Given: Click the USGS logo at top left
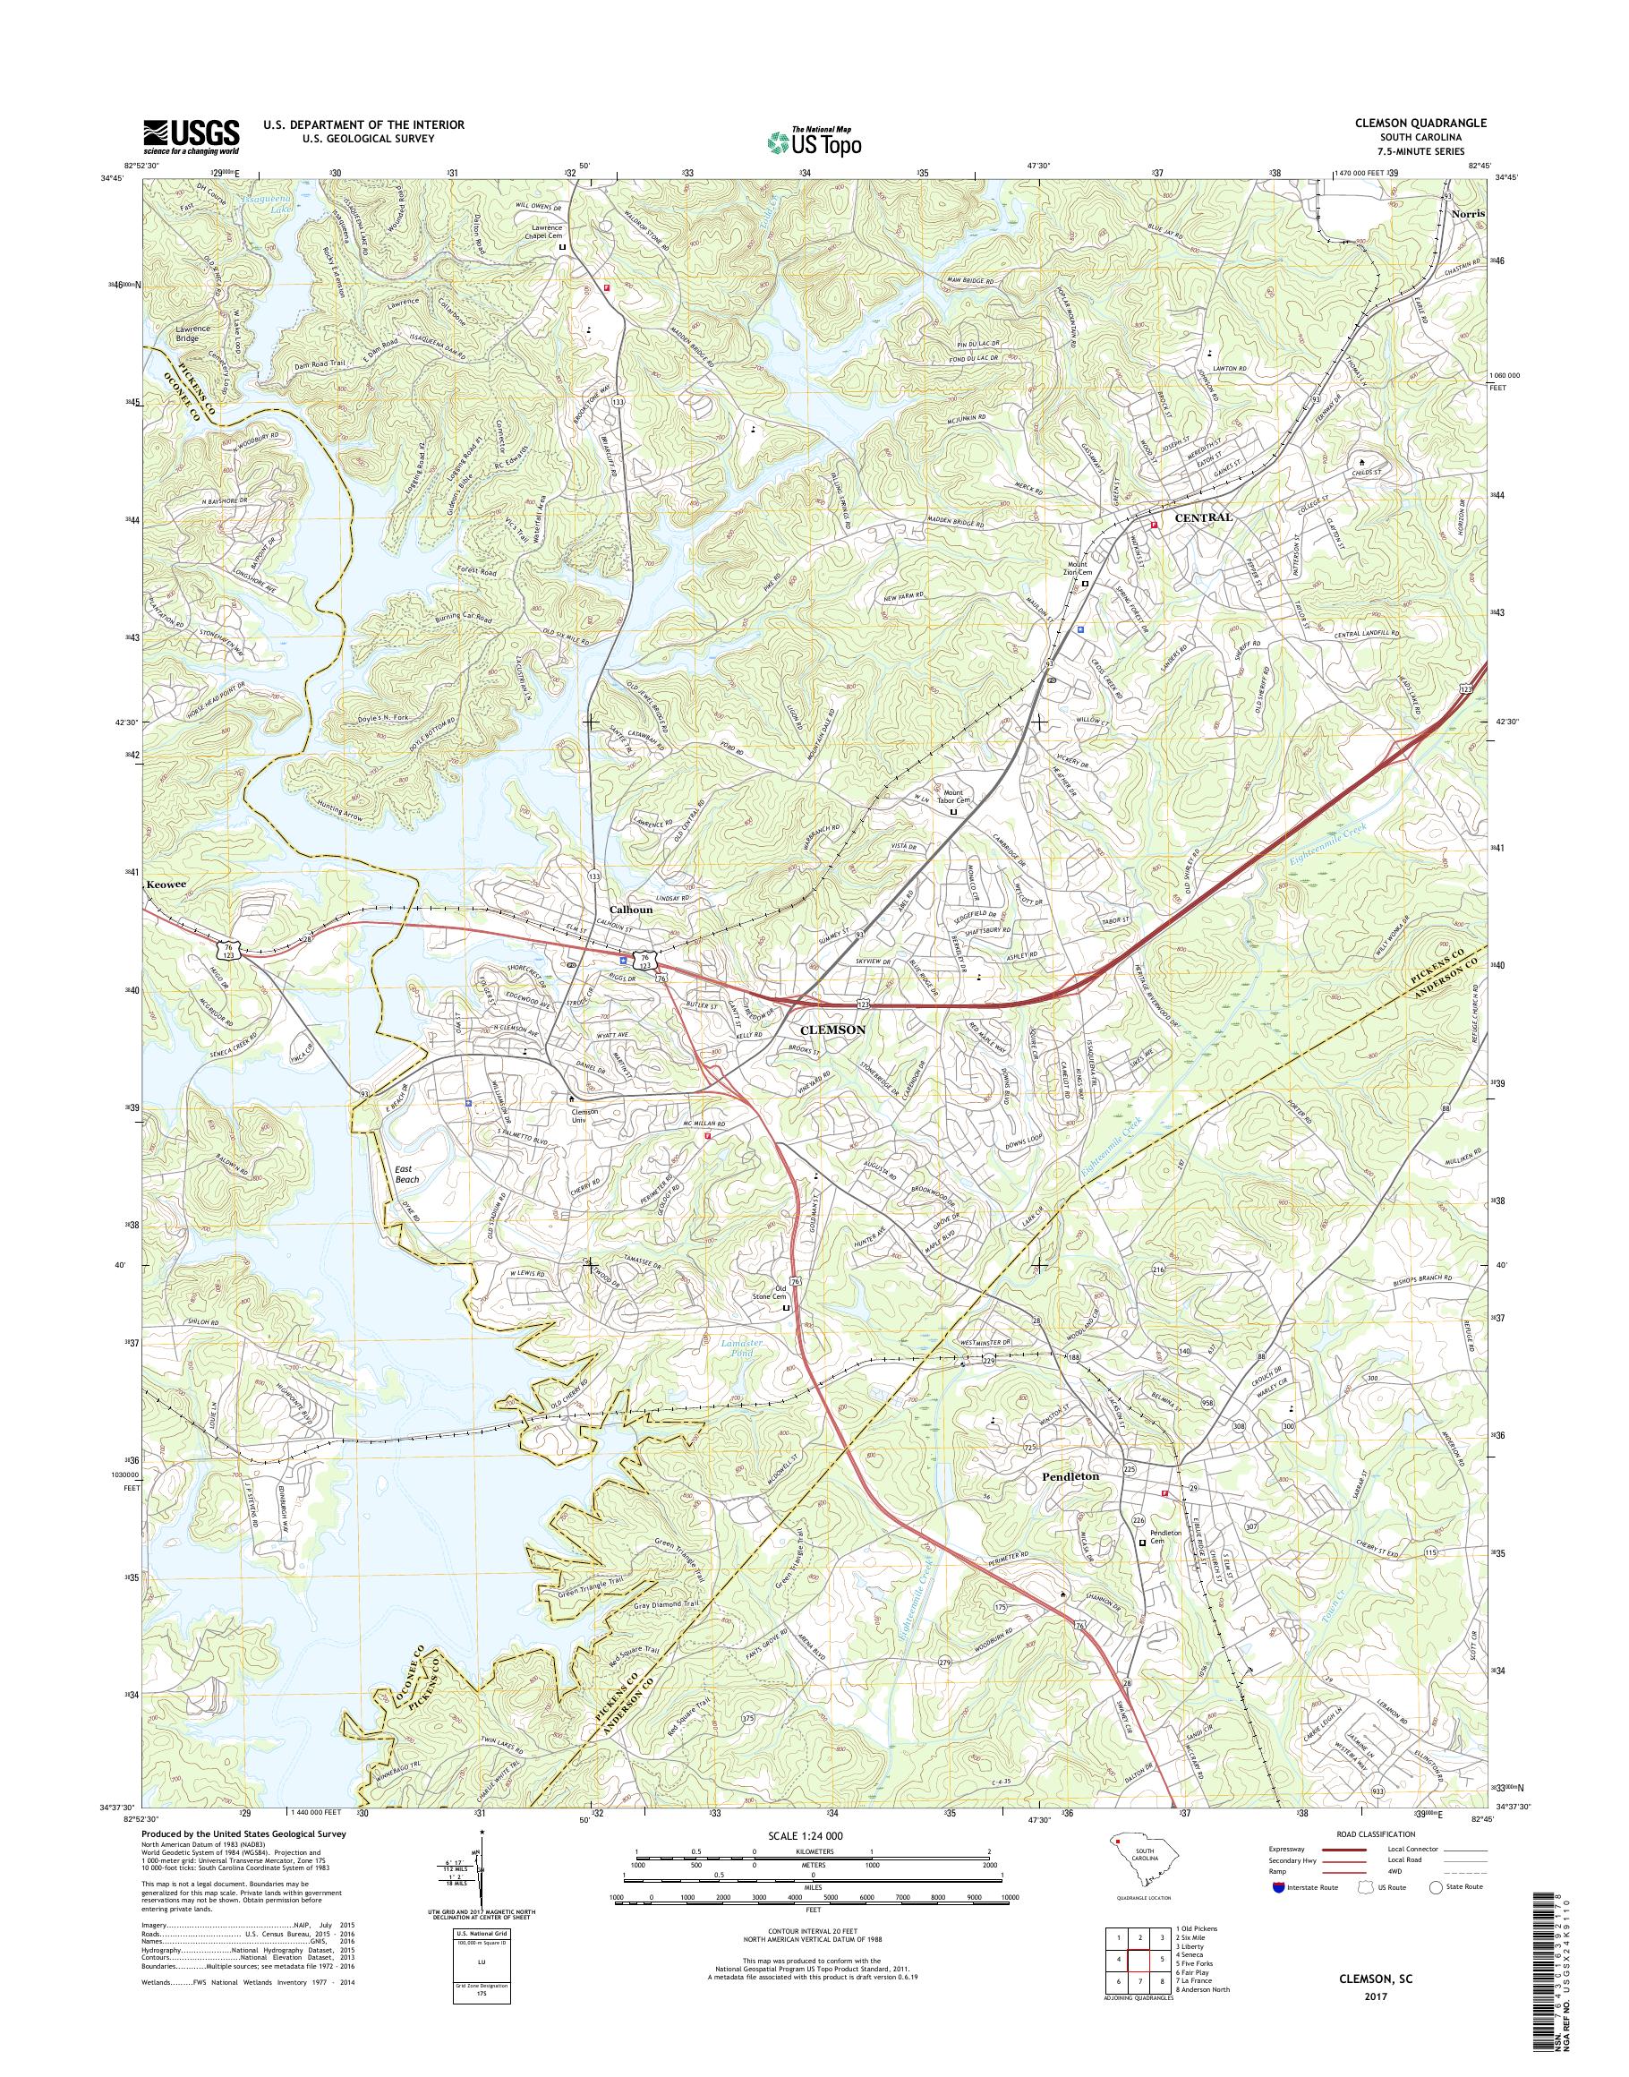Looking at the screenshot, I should (x=191, y=136).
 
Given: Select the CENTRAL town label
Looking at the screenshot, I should (x=1203, y=517).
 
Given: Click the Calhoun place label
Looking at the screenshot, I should (x=631, y=910).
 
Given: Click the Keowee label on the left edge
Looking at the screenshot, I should (x=165, y=885).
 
